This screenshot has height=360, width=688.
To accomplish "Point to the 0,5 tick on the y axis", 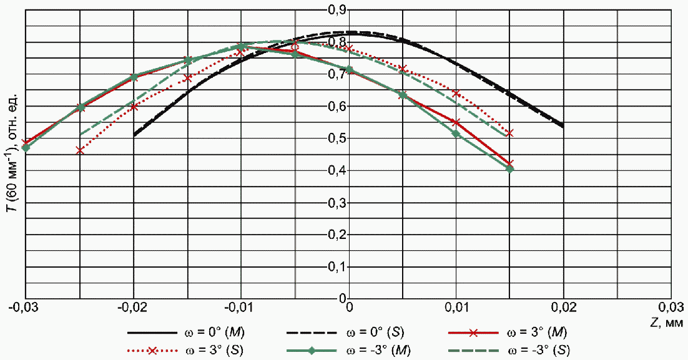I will pos(338,138).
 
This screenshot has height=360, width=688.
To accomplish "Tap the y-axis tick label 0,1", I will pos(338,266).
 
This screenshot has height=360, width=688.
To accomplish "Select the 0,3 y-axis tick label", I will pos(338,202).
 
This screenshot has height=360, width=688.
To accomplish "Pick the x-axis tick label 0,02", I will pos(563,308).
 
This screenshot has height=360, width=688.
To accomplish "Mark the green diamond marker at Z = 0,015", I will pos(509,168).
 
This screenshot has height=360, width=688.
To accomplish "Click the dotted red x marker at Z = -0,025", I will pos(80,150).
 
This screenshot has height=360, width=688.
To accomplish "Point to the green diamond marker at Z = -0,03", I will pos(26,147).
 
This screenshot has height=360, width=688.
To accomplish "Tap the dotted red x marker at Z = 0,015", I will pos(509,133).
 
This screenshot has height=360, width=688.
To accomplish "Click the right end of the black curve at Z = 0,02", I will pos(563,126).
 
